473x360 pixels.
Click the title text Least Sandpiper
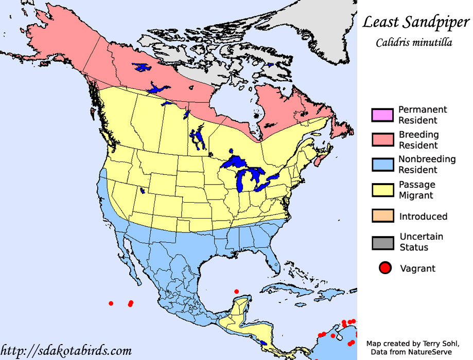click(415, 22)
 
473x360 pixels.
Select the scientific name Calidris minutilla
click(414, 43)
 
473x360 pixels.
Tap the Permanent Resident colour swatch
click(382, 115)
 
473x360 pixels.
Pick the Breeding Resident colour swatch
click(382, 139)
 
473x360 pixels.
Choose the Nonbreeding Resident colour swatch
click(382, 164)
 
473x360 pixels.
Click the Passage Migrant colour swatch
click(382, 189)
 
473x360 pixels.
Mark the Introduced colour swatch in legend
click(382, 216)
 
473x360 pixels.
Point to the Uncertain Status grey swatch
click(382, 242)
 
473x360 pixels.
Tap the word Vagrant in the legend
click(417, 268)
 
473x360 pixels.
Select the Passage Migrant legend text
click(417, 190)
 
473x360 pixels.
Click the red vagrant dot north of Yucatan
click(236, 292)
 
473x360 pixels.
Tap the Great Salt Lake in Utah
click(142, 190)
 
